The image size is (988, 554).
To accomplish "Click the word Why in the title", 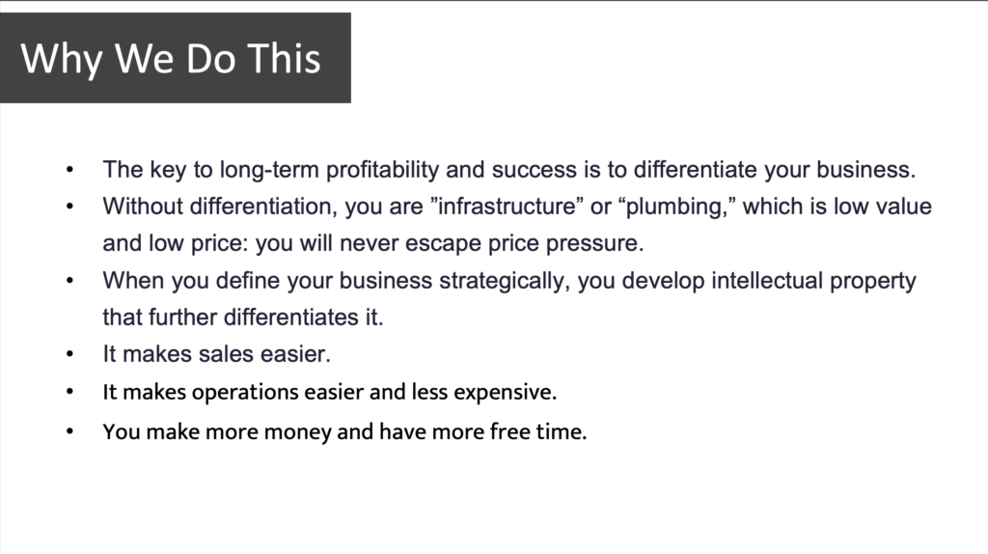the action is pyautogui.click(x=61, y=59).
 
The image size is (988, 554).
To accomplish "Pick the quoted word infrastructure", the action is pyautogui.click(x=507, y=207).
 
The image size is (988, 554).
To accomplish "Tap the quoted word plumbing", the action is pyautogui.click(x=676, y=208).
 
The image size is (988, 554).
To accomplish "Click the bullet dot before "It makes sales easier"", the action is pyautogui.click(x=69, y=354).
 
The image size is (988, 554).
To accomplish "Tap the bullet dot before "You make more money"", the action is pyautogui.click(x=69, y=431).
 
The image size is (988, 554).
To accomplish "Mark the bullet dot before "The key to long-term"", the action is pyautogui.click(x=69, y=170).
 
